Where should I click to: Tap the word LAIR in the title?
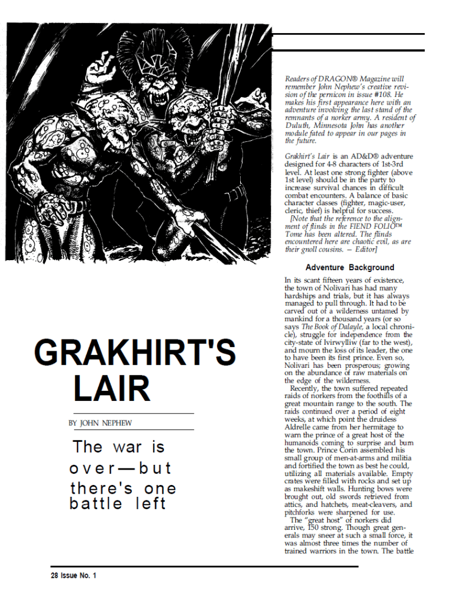(112, 389)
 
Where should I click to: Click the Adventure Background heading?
(350, 268)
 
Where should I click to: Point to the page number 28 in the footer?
(54, 575)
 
